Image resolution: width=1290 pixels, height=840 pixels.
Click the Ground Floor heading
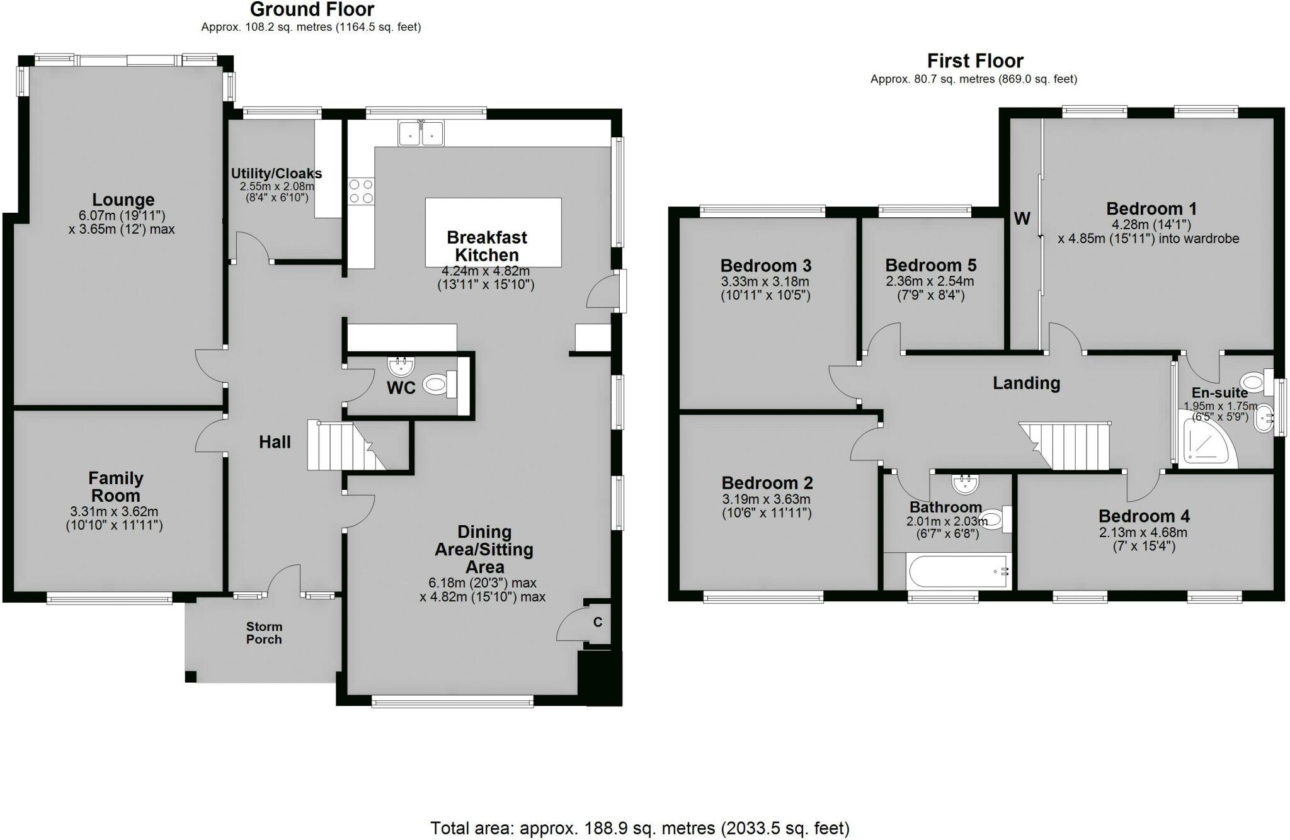[x=312, y=9]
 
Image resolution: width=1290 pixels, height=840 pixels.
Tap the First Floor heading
[x=974, y=61]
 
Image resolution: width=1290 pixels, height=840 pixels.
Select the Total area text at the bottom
[x=639, y=827]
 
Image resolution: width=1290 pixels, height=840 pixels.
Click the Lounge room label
[x=123, y=200]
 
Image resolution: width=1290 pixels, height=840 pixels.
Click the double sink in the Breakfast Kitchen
[x=421, y=133]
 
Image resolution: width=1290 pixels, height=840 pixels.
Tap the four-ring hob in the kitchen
[x=361, y=191]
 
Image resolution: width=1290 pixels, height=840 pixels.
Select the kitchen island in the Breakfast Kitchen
[x=493, y=232]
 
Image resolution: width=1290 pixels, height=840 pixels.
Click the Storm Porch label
[x=264, y=633]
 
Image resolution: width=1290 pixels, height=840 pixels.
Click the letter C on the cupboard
[x=598, y=622]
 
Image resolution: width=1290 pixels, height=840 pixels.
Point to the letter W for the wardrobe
[x=1022, y=219]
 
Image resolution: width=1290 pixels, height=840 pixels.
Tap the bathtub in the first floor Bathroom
[x=957, y=571]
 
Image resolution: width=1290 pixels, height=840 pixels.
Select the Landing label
[x=1026, y=383]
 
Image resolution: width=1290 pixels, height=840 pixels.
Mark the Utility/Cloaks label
[x=276, y=173]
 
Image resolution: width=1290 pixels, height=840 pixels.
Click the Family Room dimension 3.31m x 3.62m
[x=114, y=512]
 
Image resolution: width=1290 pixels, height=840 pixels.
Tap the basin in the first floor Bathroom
[x=965, y=485]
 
